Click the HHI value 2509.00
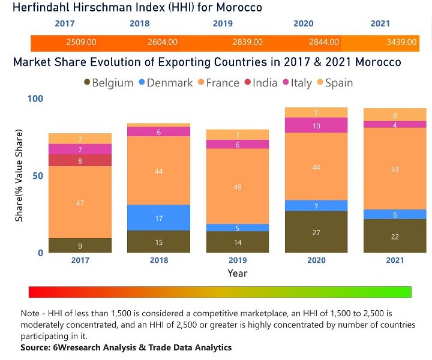pos(81,43)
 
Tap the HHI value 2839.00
pos(248,43)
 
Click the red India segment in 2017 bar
pos(80,160)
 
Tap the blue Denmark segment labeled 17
pos(159,218)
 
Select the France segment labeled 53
pos(394,170)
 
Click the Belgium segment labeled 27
pos(316,232)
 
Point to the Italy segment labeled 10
pos(316,125)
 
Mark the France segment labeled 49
pos(238,187)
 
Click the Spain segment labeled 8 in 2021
pos(394,115)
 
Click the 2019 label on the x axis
pos(238,260)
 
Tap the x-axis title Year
pos(237,273)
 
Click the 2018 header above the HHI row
pos(139,24)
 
